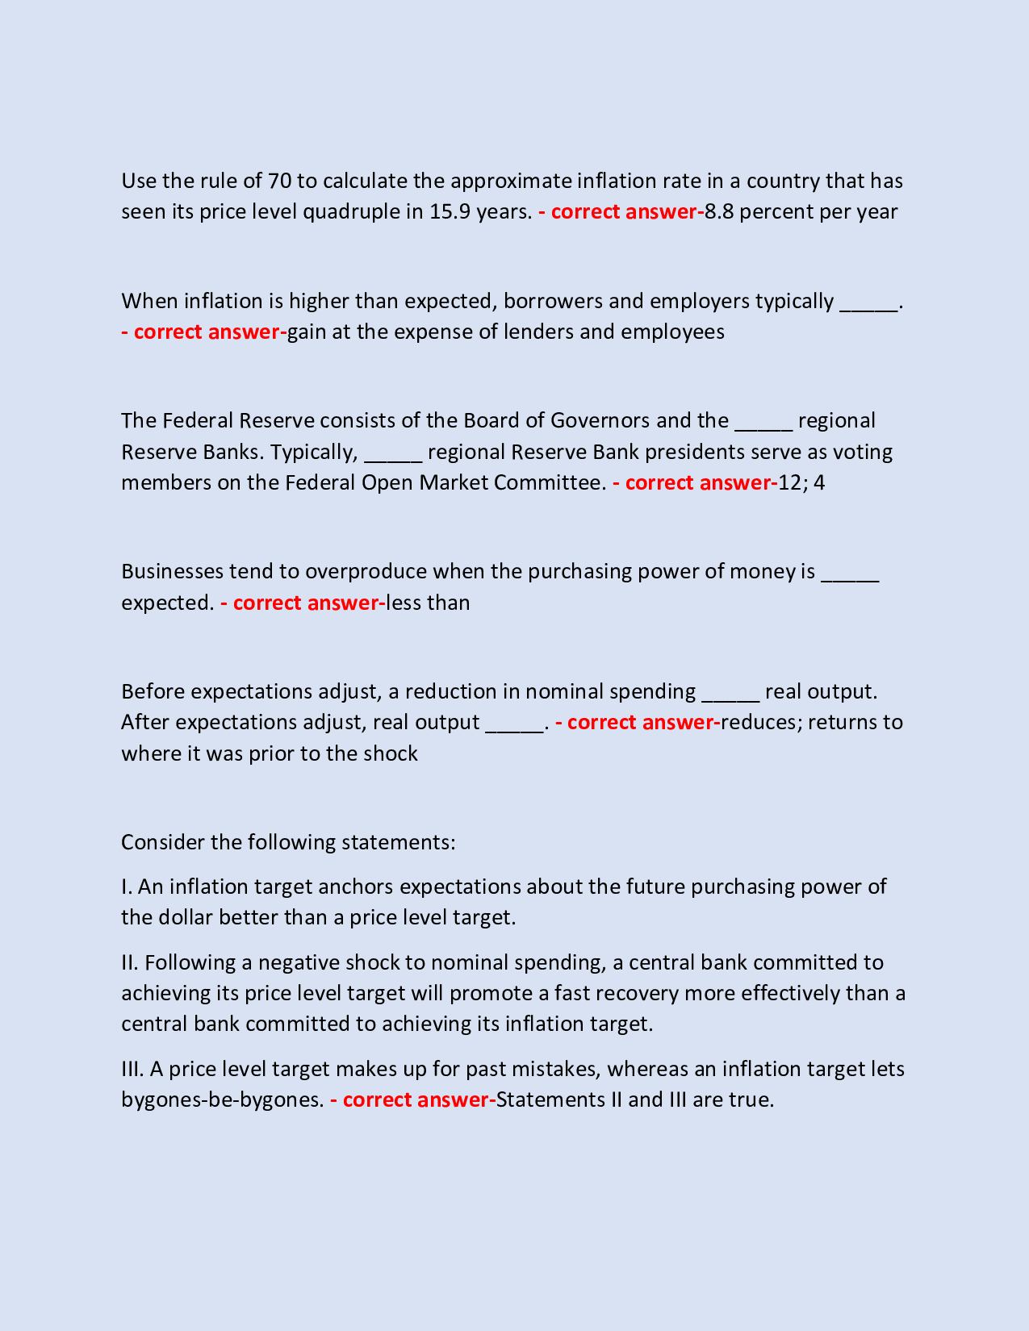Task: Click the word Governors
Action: [600, 420]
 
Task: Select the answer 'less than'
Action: [428, 603]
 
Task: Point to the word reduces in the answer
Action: [759, 722]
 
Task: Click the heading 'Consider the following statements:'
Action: [288, 842]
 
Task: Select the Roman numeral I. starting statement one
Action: [127, 887]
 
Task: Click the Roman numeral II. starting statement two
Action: [131, 962]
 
